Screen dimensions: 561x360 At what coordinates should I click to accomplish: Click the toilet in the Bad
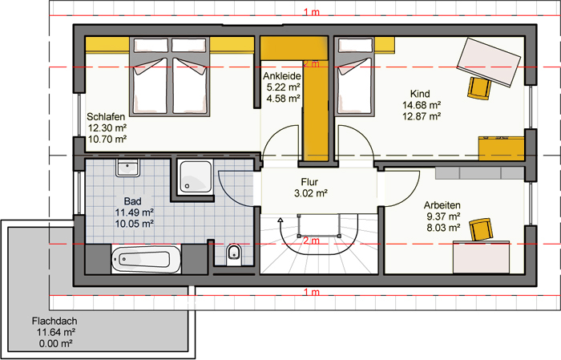coord(234,255)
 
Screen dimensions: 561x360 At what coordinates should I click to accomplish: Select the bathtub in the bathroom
coord(147,260)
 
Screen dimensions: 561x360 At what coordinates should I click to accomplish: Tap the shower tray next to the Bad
coord(196,176)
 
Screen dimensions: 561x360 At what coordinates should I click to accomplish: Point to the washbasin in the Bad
coord(127,168)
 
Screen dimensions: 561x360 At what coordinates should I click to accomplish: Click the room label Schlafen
coord(106,117)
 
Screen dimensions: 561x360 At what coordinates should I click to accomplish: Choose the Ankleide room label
coord(282,76)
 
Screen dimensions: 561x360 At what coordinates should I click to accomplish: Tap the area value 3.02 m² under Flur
coord(311,193)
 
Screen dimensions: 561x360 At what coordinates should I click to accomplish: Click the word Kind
coord(420,94)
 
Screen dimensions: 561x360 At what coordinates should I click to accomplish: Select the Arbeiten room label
coord(442,205)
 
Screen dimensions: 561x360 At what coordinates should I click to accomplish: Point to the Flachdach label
coord(54,321)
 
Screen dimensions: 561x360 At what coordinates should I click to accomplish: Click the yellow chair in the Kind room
coord(478,88)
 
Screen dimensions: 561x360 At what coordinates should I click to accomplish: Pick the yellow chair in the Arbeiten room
coord(481,229)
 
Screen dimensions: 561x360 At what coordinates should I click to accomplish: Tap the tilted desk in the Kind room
coord(489,63)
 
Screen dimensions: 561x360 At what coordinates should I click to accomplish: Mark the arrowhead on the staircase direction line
coord(280,220)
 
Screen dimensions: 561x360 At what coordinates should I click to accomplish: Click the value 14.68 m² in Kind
coord(422,105)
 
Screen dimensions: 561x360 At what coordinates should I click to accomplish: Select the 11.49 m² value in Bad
coord(134,212)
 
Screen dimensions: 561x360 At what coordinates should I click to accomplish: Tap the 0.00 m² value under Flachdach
coord(56,343)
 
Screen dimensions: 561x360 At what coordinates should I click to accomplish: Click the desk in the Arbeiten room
coord(481,257)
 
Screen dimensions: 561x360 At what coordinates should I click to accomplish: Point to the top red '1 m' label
coord(311,12)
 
